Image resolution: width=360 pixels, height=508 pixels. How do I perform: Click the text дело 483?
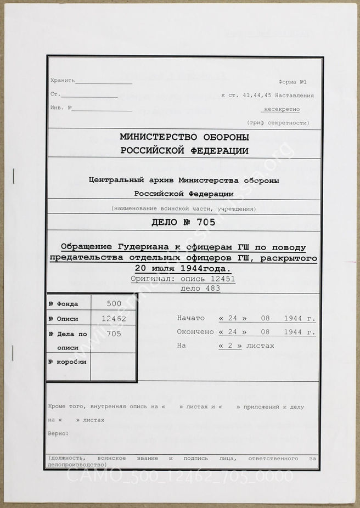click(x=200, y=289)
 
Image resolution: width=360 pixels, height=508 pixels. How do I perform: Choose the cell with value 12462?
click(x=113, y=319)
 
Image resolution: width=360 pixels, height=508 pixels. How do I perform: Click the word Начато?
click(x=191, y=318)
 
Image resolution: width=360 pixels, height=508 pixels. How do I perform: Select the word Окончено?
click(x=195, y=332)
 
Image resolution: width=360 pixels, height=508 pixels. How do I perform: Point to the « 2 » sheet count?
click(x=230, y=346)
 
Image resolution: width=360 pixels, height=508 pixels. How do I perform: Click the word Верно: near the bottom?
click(x=58, y=433)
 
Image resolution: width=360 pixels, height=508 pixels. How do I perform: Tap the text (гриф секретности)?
click(x=278, y=122)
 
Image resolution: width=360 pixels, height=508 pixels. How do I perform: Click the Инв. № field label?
click(x=59, y=108)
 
